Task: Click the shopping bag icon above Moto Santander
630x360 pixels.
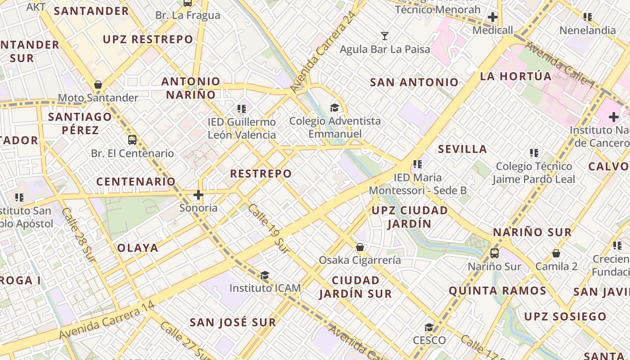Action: [98, 85]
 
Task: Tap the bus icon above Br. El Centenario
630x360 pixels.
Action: [132, 140]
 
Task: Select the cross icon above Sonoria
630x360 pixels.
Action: [198, 195]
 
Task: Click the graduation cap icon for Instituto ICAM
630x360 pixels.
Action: [265, 275]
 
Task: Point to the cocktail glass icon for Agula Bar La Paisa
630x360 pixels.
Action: [385, 36]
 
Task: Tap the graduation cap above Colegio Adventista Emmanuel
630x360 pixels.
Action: [334, 108]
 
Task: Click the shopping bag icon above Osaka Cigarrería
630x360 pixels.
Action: [360, 247]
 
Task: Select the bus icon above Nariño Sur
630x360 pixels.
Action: [494, 253]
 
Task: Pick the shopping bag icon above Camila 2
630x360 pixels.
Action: [556, 253]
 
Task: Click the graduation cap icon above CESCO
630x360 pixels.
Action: [429, 327]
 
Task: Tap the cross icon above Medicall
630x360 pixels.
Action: [493, 17]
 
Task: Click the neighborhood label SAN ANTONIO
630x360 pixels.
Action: [414, 82]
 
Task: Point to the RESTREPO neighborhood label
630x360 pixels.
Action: [261, 174]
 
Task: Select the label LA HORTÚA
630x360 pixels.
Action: [516, 76]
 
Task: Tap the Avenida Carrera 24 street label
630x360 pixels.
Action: [323, 52]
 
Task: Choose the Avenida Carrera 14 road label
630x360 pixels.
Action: [107, 321]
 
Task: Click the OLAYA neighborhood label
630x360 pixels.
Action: [138, 248]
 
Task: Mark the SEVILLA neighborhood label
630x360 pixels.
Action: [462, 149]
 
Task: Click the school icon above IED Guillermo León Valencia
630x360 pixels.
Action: [242, 109]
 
